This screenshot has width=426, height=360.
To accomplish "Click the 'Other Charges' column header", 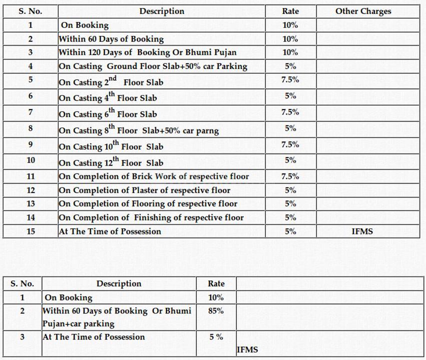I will pos(363,11).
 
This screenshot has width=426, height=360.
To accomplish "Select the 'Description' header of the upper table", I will pos(162,11).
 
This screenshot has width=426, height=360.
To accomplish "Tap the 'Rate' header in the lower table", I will pos(216,283).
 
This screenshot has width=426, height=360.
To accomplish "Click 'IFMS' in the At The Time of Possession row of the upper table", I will pos(362,231).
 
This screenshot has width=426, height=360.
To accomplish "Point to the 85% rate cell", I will pos(216,310).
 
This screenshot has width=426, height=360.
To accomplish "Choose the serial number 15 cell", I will pos(31,231).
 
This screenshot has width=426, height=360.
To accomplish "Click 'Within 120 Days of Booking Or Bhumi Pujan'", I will pos(148,52).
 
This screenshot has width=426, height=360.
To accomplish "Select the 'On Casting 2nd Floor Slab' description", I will pos(111,81).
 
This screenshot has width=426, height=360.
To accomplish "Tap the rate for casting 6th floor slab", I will pos(290,112).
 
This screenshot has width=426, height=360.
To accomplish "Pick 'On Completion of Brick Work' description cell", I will pos(154,176).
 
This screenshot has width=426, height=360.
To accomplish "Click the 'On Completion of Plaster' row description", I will pos(145,190).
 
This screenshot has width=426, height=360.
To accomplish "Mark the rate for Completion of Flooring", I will pos(290,204).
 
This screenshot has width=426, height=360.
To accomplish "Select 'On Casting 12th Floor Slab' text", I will pos(111,162).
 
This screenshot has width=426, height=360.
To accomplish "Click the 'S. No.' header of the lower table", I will pos(22,283).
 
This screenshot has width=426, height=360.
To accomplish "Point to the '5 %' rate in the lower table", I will pos(216,337).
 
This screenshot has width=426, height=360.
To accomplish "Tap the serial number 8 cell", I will pos(31,128).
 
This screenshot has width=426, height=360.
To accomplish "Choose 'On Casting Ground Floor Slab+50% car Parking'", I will pos(153,66).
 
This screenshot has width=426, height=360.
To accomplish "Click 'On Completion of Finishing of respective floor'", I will pos(151,217).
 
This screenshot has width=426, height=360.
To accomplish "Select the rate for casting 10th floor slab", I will pos(290,145).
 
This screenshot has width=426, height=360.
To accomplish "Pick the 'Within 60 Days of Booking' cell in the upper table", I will pos(111,39).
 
